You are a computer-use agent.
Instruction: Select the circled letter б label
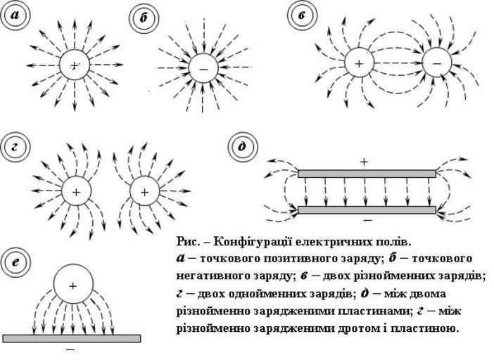click(x=144, y=17)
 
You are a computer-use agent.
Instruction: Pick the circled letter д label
click(x=243, y=146)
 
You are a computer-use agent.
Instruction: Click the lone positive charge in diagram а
click(x=75, y=65)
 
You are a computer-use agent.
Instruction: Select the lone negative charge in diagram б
click(x=203, y=69)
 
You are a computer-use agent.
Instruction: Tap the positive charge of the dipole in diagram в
click(x=359, y=63)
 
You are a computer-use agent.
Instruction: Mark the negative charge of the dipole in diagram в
click(x=436, y=63)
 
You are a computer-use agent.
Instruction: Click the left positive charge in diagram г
click(x=75, y=191)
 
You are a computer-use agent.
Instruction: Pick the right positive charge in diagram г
click(x=144, y=191)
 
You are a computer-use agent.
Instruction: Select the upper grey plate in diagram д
click(x=367, y=173)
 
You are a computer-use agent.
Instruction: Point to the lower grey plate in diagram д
click(x=367, y=210)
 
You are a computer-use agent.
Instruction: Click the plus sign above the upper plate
click(x=364, y=162)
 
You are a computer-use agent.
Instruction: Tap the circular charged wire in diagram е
click(x=72, y=285)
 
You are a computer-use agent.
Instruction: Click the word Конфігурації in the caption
click(x=242, y=241)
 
